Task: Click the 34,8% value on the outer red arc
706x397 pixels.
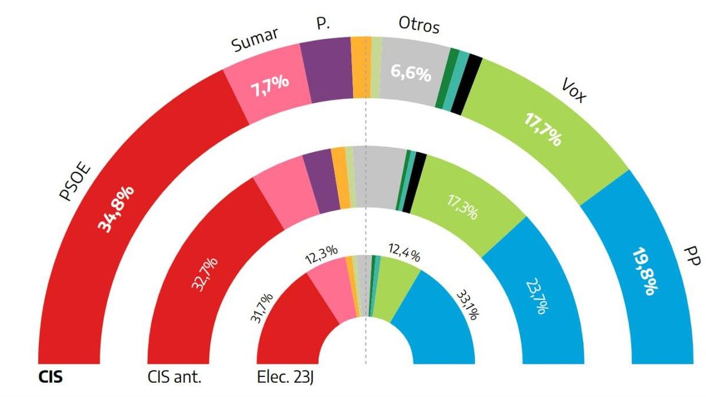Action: (x=119, y=209)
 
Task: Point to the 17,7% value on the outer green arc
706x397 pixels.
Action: (x=542, y=129)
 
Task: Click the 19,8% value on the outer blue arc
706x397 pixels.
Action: (x=645, y=271)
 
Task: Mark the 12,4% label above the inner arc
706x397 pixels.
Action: (x=404, y=254)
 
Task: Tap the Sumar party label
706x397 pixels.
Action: (x=255, y=43)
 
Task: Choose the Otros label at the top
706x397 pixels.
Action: (x=419, y=25)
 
